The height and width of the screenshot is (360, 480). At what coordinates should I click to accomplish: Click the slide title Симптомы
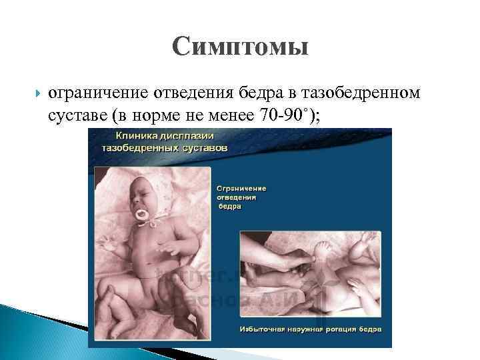point(240,47)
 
